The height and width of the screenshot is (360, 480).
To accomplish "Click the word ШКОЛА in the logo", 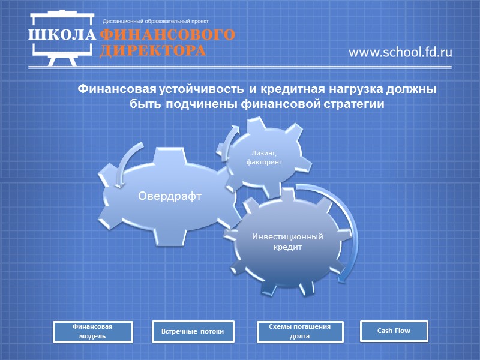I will click(x=62, y=34).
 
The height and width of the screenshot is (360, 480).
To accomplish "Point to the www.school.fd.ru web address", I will click(x=400, y=53).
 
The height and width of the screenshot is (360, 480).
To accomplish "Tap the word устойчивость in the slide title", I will click(x=202, y=90).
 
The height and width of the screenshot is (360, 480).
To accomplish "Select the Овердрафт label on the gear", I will click(x=169, y=196).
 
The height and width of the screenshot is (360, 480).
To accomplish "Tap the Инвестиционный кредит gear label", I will click(x=287, y=242).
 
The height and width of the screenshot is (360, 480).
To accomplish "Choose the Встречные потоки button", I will click(x=192, y=331).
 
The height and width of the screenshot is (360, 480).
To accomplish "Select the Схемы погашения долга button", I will click(x=300, y=331).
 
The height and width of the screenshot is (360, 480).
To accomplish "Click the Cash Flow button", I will click(x=394, y=331).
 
